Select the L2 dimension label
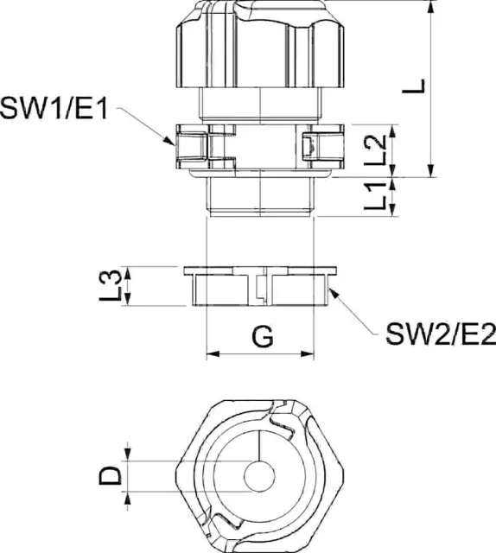pyautogui.click(x=375, y=150)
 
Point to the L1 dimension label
pyautogui.click(x=375, y=196)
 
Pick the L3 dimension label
pyautogui.click(x=111, y=286)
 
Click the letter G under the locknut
pyautogui.click(x=263, y=336)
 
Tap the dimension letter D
pyautogui.click(x=111, y=475)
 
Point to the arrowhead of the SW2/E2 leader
pyautogui.click(x=334, y=293)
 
